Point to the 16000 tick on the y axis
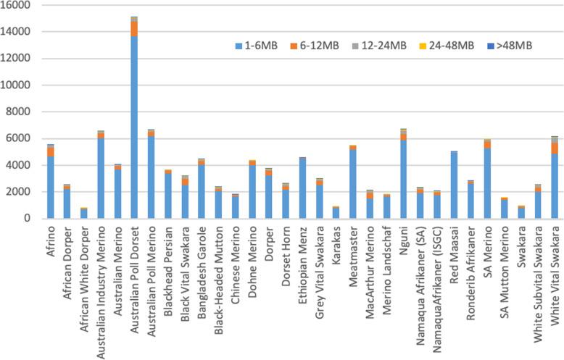(17, 5)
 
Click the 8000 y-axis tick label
(20, 112)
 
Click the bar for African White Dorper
(84, 214)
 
